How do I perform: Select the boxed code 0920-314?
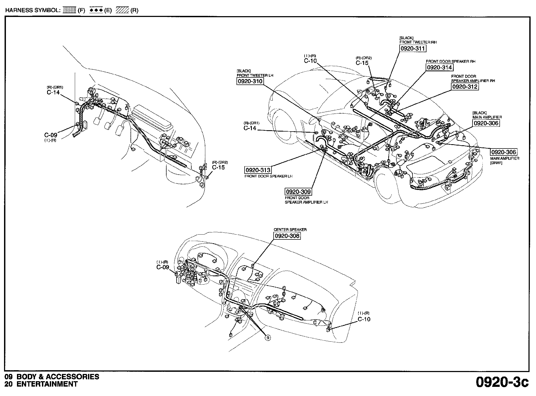coord(439,68)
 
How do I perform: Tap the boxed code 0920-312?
coord(465,87)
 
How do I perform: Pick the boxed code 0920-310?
coord(250,81)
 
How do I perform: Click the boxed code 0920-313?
coord(258,170)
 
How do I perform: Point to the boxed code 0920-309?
coord(298,192)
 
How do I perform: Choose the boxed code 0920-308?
coord(287,236)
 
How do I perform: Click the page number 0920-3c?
coord(502,382)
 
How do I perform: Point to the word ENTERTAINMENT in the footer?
coord(47,384)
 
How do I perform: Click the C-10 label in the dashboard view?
coord(364,319)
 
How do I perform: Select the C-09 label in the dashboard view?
coord(163,267)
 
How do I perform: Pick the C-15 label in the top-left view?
coord(218,167)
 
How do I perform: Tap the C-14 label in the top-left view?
coord(53,93)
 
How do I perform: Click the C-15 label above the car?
coord(362,63)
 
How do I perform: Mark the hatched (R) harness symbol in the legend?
coord(123,10)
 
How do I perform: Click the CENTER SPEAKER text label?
coord(290,230)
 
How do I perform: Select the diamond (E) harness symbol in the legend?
coord(96,10)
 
